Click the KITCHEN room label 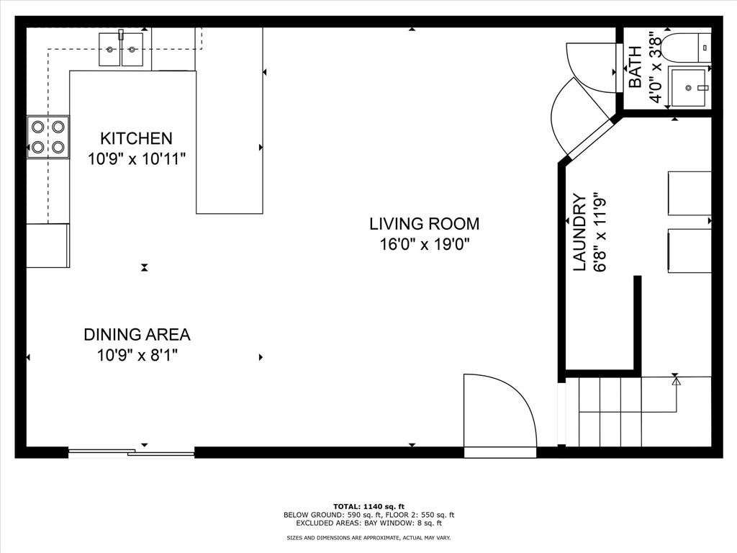point(136,138)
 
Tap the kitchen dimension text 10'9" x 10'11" point(137,159)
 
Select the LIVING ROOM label point(424,224)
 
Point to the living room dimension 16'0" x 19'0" point(425,245)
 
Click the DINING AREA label point(137,334)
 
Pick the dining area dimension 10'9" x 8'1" point(137,355)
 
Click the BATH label point(636,67)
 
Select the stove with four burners point(48,137)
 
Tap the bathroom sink point(690,87)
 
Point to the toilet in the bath point(687,46)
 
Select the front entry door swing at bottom point(499,414)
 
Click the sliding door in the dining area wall point(131,452)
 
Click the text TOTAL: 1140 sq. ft point(368,505)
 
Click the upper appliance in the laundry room point(689,193)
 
